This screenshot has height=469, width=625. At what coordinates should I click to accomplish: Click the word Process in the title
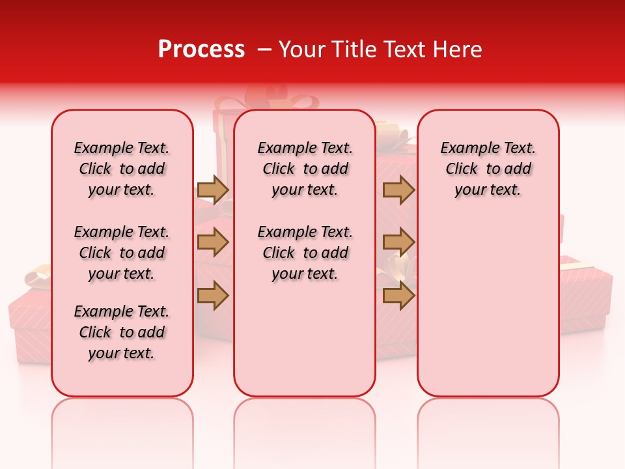coord(201,49)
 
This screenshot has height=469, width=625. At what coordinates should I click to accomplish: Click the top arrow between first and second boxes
coord(213,190)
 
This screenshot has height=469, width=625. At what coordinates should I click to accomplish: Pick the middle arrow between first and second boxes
coord(213,243)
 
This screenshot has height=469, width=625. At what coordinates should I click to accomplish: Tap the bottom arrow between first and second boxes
coord(213,296)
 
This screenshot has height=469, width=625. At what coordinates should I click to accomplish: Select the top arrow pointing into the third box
coord(398,190)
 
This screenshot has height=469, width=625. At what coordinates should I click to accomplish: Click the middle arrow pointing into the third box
coord(398,243)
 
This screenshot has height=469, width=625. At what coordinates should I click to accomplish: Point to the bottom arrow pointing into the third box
coord(398,296)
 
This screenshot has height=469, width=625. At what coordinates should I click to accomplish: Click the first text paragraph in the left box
coord(122,169)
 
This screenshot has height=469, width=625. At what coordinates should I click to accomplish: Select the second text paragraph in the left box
coord(122,253)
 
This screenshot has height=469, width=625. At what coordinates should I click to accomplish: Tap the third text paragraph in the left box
coord(122,332)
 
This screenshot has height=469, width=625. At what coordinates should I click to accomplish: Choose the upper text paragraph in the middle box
coord(305,169)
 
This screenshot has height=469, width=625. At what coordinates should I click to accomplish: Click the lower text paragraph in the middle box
coord(305,253)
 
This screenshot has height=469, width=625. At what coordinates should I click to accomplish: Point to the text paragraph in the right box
coord(488,169)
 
